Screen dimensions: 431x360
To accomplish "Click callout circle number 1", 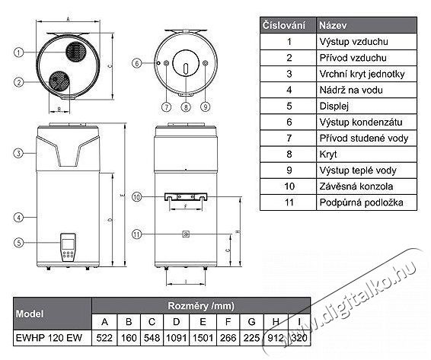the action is click(19, 53).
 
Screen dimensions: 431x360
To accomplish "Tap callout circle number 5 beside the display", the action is click(19, 243).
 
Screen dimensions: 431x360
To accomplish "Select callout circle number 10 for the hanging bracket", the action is click(136, 197).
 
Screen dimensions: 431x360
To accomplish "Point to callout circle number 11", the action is click(136, 234).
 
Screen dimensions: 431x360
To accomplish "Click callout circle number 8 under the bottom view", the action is click(186, 107).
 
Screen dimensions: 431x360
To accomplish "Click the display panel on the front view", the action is click(68, 247).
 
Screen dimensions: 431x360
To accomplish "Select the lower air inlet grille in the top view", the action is click(59, 81).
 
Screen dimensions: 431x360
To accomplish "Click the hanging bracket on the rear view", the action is click(186, 197).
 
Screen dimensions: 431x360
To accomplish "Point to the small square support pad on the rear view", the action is click(186, 234).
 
